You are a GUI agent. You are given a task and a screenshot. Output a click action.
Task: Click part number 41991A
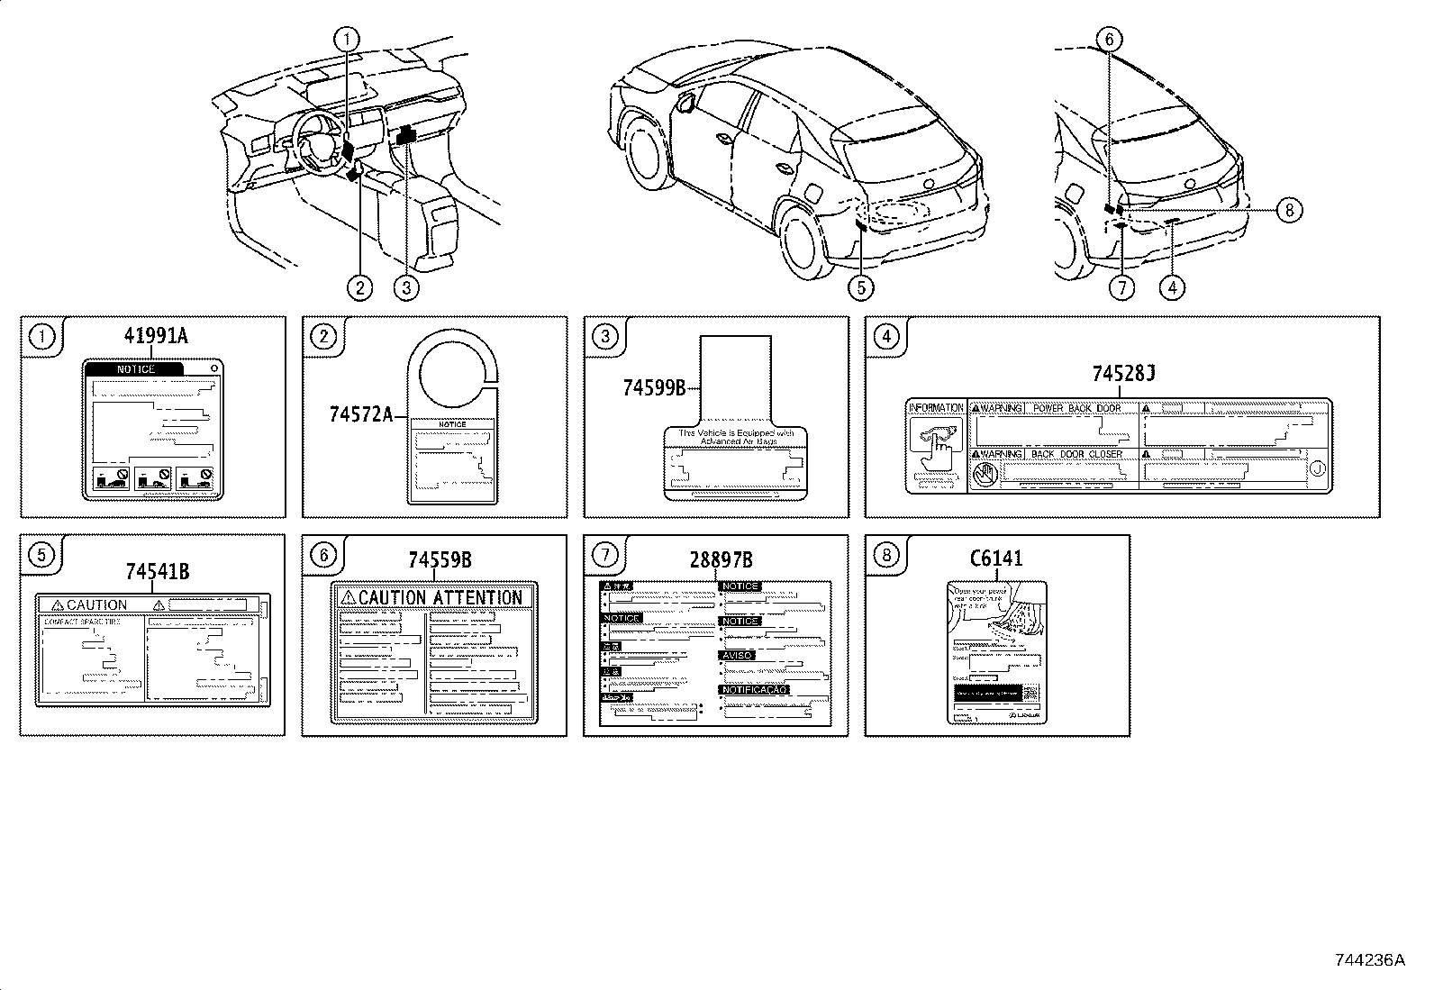coord(156,337)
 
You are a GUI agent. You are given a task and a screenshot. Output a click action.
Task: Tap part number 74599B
coord(654,388)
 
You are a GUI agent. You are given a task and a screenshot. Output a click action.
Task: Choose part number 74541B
coord(157,571)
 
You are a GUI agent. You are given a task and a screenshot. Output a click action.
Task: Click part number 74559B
coord(440,560)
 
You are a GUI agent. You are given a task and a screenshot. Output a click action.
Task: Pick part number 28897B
coord(721,560)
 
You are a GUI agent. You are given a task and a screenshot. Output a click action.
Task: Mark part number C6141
coord(995,559)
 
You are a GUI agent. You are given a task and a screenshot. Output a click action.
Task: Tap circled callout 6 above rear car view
coord(1109,40)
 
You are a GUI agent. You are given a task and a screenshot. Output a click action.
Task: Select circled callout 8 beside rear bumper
coord(1288,210)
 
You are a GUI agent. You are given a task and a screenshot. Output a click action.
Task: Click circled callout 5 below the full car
coord(861,287)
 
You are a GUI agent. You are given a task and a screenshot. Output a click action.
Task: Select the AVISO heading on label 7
coord(736,656)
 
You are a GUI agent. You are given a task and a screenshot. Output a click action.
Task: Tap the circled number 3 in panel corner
coord(605,337)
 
